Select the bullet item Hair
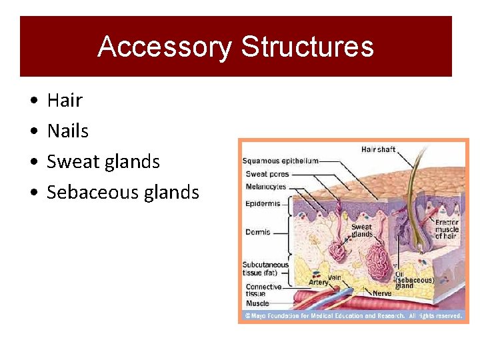[x=65, y=101]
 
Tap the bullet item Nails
[x=67, y=131]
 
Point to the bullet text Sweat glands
[x=103, y=162]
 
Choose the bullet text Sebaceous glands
[x=123, y=193]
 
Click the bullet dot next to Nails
[x=33, y=131]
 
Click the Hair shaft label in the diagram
[x=378, y=149]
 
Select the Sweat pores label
[x=266, y=174]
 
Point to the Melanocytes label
[x=266, y=187]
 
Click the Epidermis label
[x=263, y=203]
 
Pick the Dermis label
[x=258, y=232]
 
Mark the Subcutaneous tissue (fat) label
[x=265, y=268]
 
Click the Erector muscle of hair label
[x=447, y=229]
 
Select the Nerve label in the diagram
[x=381, y=293]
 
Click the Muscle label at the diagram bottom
[x=257, y=303]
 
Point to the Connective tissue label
[x=264, y=290]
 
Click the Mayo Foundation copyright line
[x=353, y=315]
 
